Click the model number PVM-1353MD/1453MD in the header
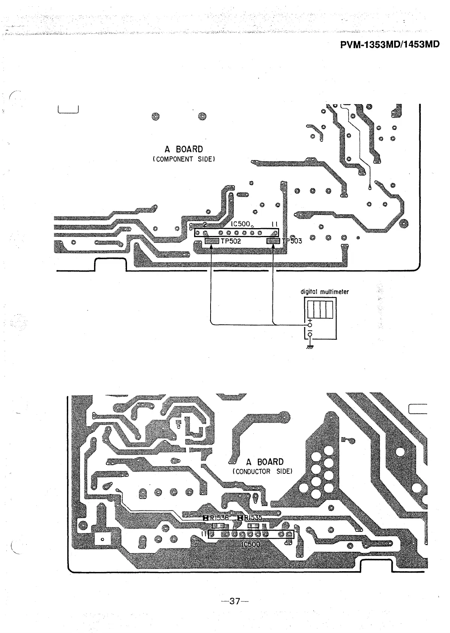(390, 45)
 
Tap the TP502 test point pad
(212, 241)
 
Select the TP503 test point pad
(273, 241)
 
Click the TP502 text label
(230, 242)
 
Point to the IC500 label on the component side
(240, 224)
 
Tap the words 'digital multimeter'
(324, 292)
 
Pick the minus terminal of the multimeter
(310, 334)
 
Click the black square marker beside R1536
(205, 518)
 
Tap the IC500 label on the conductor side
(251, 544)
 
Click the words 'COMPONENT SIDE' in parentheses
(184, 159)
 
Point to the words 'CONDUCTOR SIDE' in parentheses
(262, 471)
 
